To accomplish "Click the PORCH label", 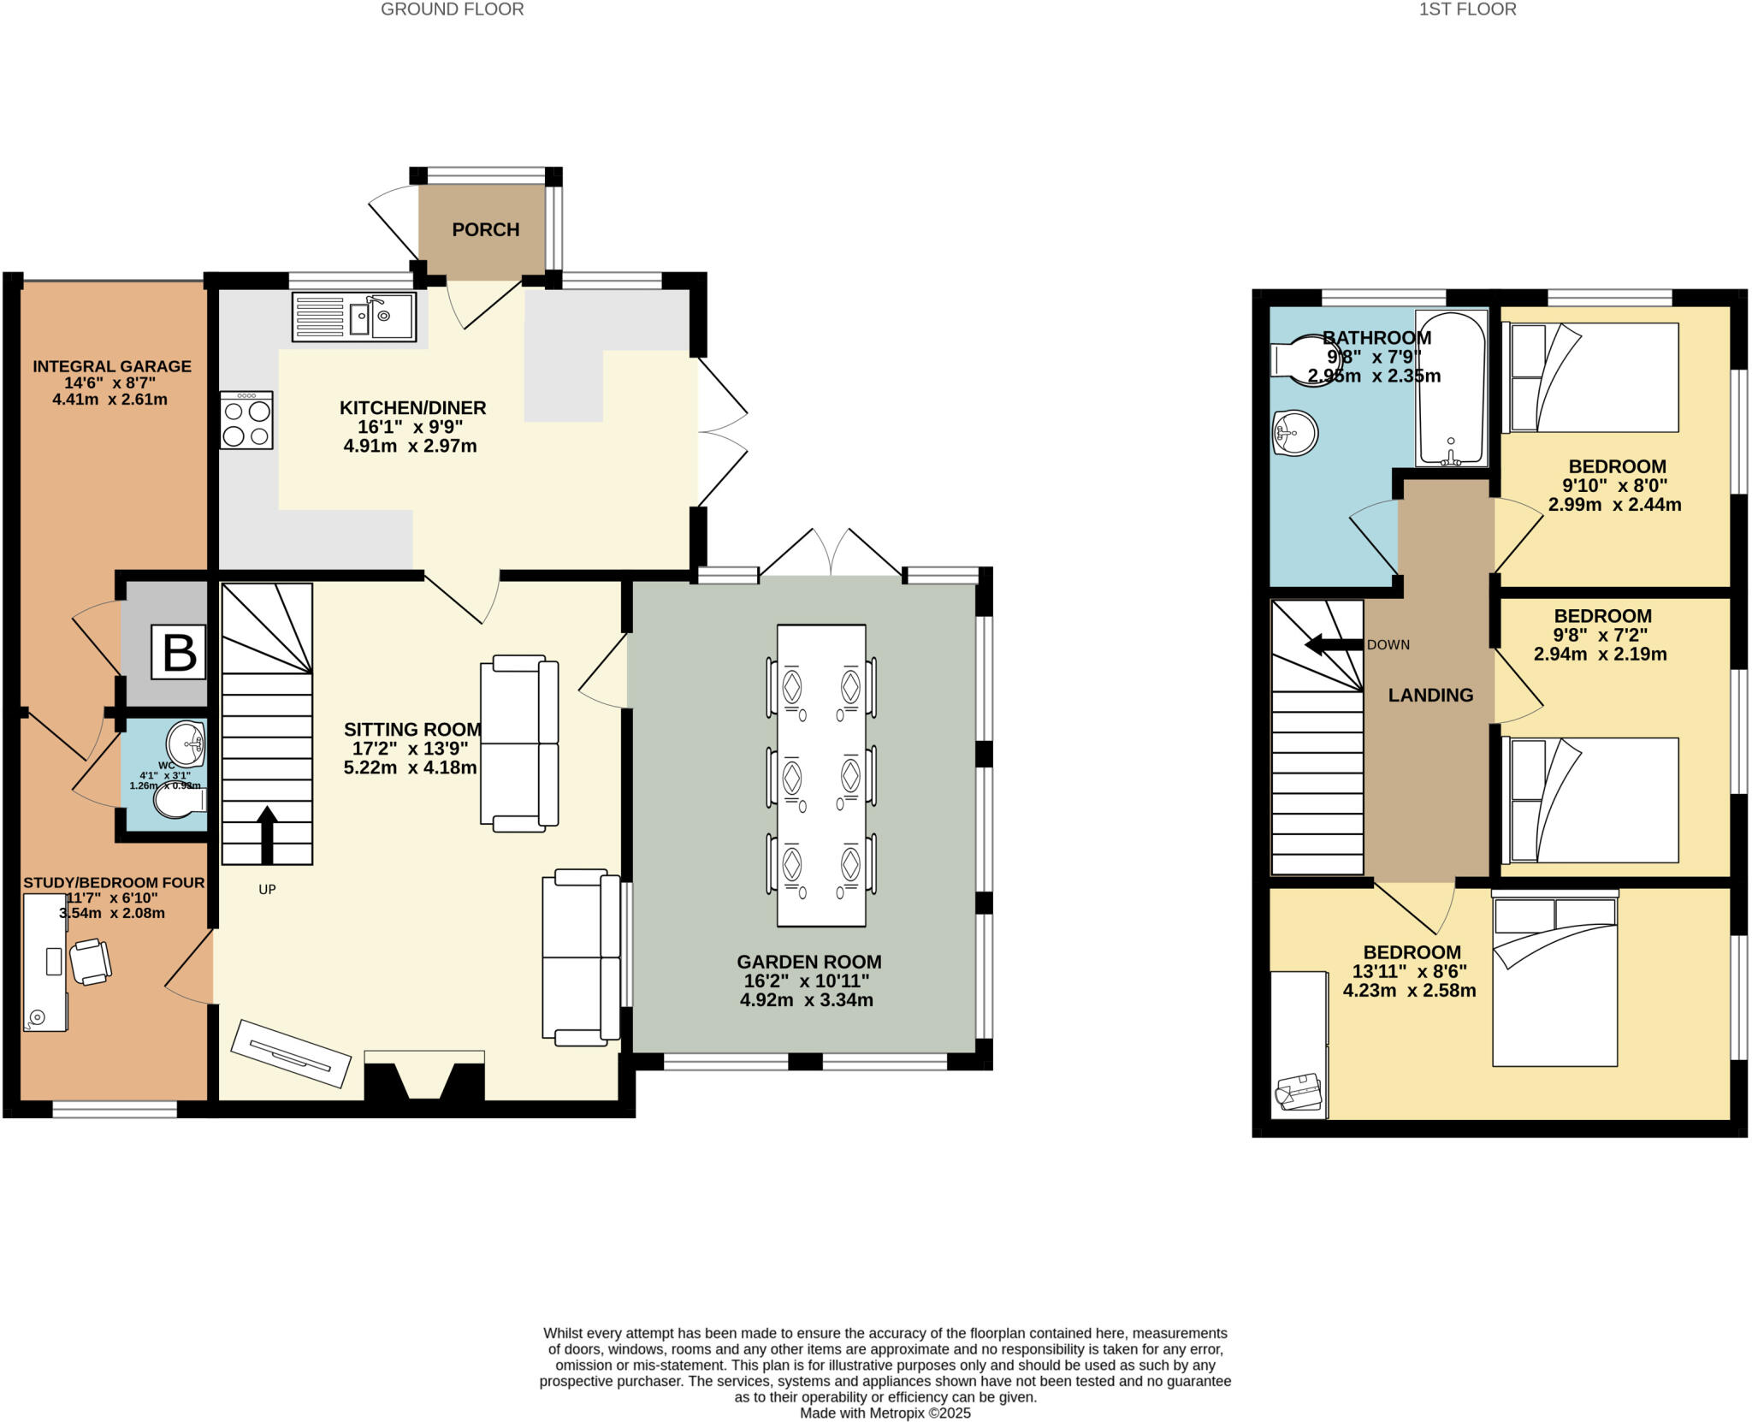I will [x=485, y=229].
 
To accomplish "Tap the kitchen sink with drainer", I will [x=353, y=317].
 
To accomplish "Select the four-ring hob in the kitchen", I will [x=246, y=420].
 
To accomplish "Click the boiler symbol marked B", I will [x=178, y=652].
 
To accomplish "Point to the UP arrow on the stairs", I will [x=267, y=834].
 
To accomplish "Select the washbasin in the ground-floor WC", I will [x=186, y=742].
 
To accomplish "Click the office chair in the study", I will [x=90, y=962].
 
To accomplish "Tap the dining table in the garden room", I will [x=821, y=775].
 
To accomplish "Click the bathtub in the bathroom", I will [x=1451, y=388].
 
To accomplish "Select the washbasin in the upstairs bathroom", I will [x=1295, y=433].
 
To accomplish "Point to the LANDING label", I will [x=1430, y=695].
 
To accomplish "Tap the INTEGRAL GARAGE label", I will [x=111, y=366].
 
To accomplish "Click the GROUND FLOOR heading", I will [x=452, y=9].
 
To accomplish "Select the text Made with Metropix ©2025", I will [x=885, y=1413].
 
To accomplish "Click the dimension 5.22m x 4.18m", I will [x=411, y=767].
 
